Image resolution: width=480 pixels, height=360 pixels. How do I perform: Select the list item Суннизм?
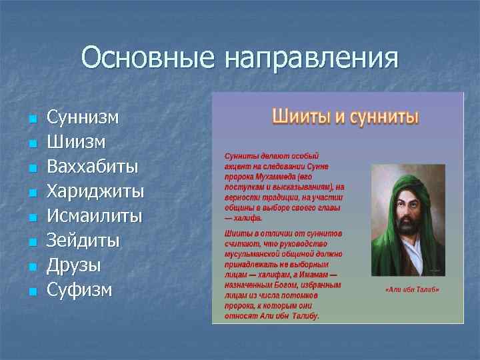click(x=83, y=118)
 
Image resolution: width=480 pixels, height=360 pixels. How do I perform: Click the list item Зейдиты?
click(x=83, y=241)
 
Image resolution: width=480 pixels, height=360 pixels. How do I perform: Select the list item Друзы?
click(x=74, y=265)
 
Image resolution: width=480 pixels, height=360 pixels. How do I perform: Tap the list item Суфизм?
click(x=79, y=290)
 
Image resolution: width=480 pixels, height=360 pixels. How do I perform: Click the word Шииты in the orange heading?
click(x=300, y=117)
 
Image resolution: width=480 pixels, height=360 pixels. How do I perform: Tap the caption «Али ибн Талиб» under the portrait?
click(x=412, y=290)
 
